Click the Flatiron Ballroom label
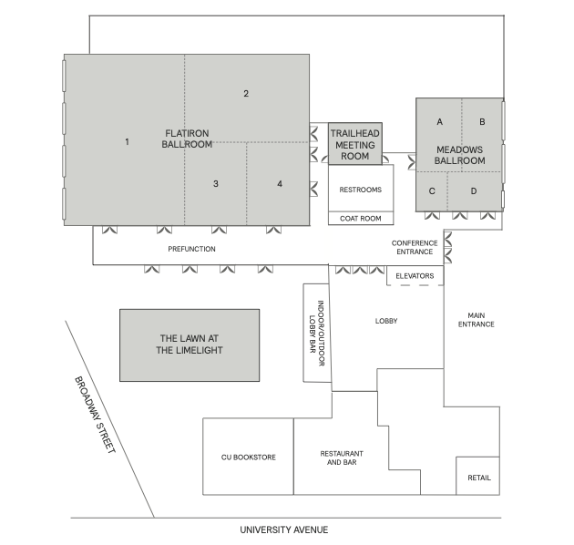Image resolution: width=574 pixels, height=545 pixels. (187, 139)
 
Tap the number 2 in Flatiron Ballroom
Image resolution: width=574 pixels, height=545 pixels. (246, 94)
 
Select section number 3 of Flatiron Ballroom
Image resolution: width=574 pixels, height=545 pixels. (216, 184)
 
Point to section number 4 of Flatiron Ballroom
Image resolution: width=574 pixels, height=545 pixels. (280, 184)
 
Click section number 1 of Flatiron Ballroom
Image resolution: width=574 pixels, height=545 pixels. (127, 142)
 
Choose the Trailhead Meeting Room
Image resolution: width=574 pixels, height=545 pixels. (355, 144)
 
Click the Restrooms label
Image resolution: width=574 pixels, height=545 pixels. (361, 190)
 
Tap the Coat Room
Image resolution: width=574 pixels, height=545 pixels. (361, 219)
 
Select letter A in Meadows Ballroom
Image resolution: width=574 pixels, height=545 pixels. (440, 121)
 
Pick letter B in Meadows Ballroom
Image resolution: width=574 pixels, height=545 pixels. (482, 121)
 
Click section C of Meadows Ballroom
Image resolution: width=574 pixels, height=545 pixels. (432, 191)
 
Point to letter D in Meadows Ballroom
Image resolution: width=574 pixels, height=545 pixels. (474, 191)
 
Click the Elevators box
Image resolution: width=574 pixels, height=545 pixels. (415, 276)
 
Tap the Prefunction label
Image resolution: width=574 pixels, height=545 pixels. (192, 249)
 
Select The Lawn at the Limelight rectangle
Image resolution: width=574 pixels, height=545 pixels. (190, 345)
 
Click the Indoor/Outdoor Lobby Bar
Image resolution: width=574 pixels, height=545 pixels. (317, 333)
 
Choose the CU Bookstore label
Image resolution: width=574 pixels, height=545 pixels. (249, 458)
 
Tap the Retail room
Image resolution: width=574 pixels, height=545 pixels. (477, 476)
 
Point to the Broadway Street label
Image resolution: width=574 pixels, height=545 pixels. (95, 415)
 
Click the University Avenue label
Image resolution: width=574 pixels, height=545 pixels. (284, 530)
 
